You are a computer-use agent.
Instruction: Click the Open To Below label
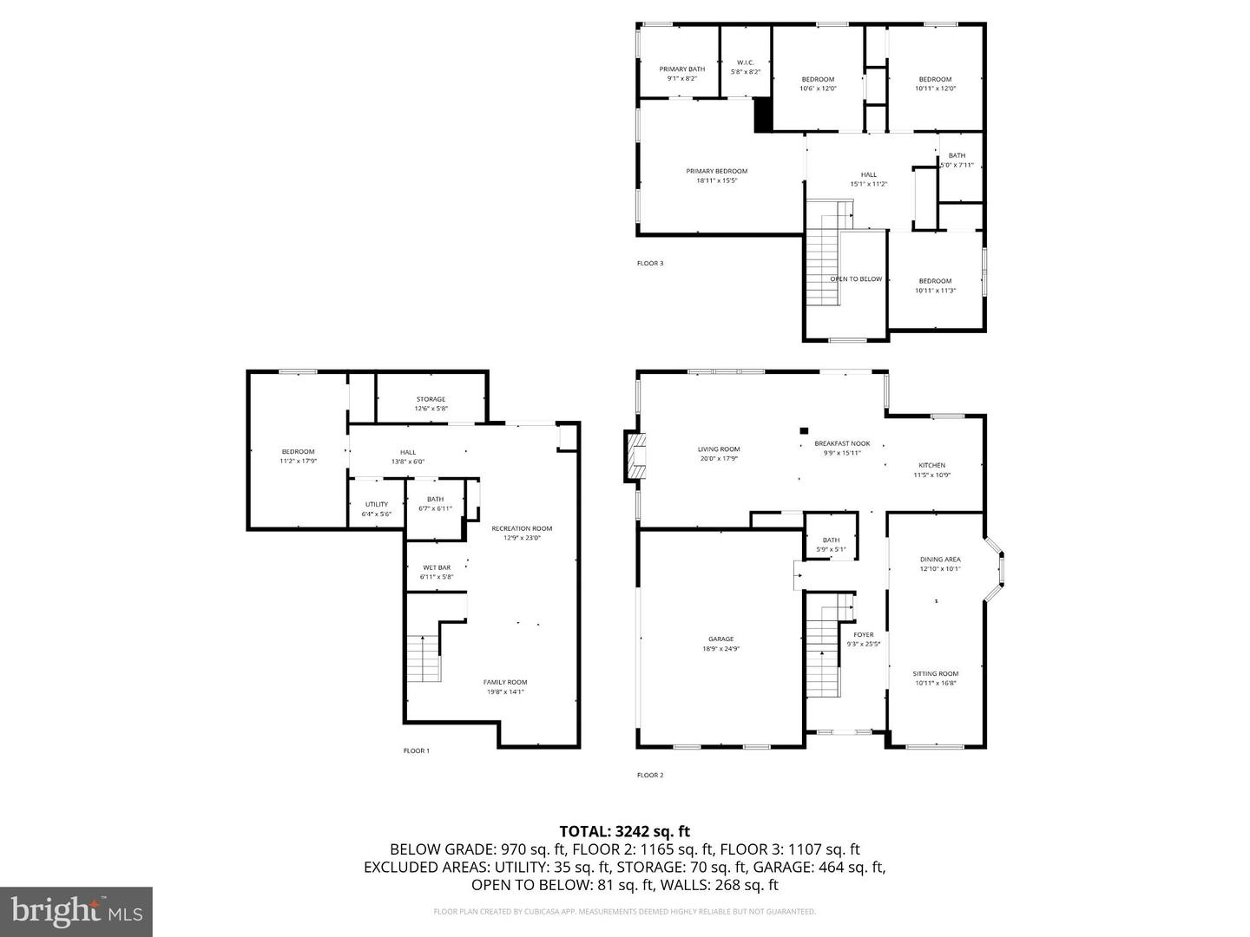pos(856,279)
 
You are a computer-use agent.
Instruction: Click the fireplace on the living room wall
pos(637,455)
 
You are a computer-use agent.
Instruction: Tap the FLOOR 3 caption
pos(650,263)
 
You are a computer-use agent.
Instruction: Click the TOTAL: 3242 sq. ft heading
pos(624,831)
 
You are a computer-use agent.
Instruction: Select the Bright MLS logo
pos(76,911)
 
